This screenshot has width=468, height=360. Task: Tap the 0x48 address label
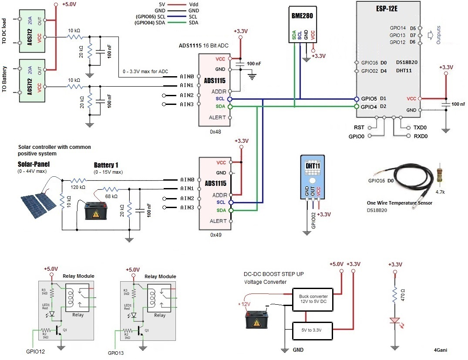point(215,131)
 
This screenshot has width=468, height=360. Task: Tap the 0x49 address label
point(215,235)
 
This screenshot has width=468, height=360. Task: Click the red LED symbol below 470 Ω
point(395,321)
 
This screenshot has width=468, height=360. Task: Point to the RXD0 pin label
point(421,136)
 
